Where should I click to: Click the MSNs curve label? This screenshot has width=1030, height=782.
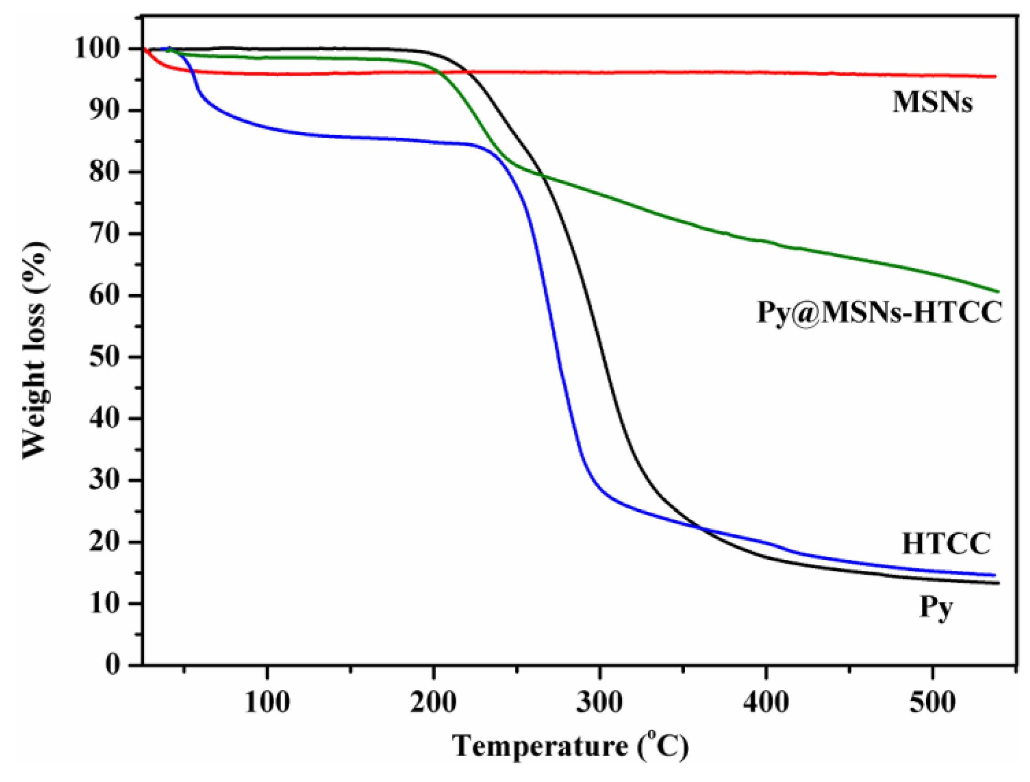coord(932,103)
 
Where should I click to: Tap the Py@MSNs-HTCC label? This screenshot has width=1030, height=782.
coord(879,313)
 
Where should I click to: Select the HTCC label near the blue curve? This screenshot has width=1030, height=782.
coord(946,543)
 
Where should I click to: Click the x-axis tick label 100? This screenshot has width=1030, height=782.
coord(267,702)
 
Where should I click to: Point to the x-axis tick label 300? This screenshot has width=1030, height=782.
coord(600,702)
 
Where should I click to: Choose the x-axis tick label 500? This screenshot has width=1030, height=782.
coord(932,702)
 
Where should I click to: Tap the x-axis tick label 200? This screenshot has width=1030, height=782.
coord(433,702)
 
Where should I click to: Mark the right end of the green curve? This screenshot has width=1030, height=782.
coord(999,292)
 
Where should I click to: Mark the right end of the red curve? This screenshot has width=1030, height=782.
coord(995,76)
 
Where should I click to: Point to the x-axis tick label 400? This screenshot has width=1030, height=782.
coord(766,702)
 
